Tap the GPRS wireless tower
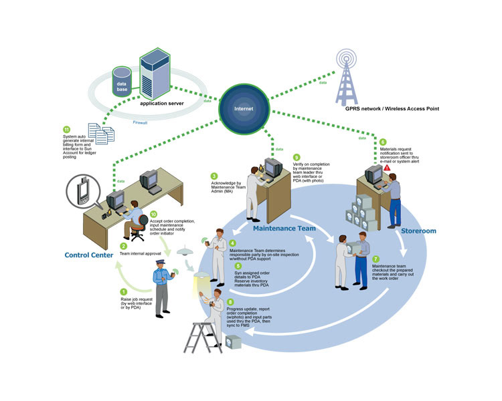pos(346,71)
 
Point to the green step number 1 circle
pos(123,291)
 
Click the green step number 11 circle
pos(66,129)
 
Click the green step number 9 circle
pos(297,157)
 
